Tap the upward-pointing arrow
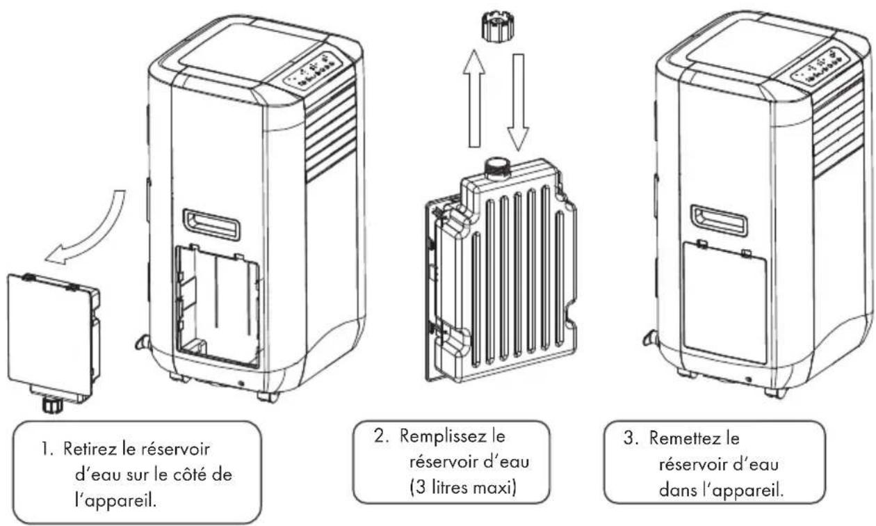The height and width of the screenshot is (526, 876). (474, 99)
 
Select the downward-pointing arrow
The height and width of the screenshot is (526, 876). (518, 102)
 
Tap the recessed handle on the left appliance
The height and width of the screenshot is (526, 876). (211, 224)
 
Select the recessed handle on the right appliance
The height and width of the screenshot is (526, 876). (719, 220)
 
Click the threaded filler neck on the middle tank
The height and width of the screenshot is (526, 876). (496, 168)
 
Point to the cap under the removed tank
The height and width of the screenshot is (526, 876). (52, 405)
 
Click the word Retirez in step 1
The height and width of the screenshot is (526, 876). (90, 449)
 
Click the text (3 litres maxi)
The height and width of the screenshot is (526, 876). (463, 488)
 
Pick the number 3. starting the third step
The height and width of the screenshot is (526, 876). (631, 438)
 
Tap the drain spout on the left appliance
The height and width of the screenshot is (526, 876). (142, 342)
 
